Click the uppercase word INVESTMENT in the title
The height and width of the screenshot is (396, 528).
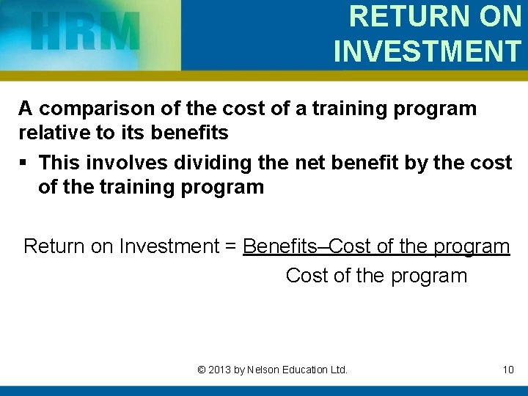click(427, 51)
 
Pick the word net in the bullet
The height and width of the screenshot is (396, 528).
click(292, 162)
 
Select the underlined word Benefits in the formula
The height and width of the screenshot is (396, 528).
click(280, 246)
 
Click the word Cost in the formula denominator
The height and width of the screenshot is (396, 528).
click(306, 276)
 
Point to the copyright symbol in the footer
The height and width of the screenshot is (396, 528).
click(202, 370)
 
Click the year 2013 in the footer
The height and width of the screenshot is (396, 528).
click(219, 370)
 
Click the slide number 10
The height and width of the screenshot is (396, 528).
click(508, 370)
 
